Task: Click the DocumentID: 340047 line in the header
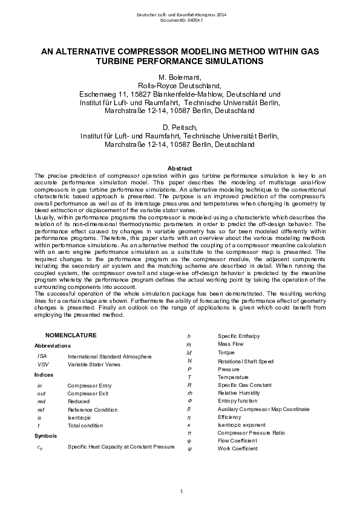point(181,20)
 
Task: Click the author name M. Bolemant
point(180,78)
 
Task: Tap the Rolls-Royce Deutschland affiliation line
point(180,86)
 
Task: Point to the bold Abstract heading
point(180,167)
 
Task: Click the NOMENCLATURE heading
point(71,334)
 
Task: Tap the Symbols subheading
point(46,435)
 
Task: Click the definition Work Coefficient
point(238,449)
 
